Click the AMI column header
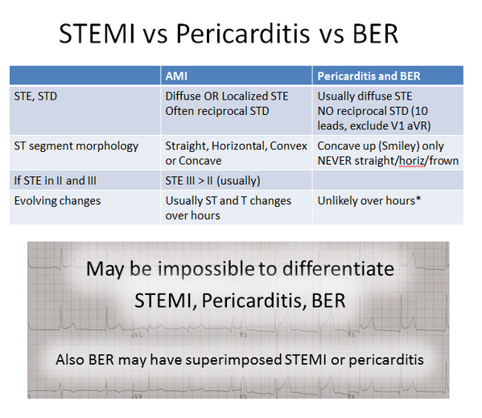(177, 76)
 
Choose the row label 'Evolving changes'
(58, 200)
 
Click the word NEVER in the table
(338, 160)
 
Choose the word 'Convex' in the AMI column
(278, 146)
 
